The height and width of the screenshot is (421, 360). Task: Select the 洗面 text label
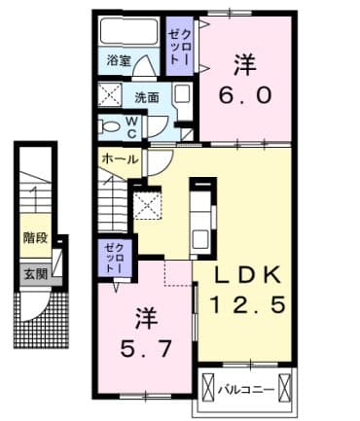(147, 96)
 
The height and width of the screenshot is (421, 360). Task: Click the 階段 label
(36, 236)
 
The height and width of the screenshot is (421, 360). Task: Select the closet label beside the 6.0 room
(178, 46)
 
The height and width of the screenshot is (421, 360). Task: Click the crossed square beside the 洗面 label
(108, 96)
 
